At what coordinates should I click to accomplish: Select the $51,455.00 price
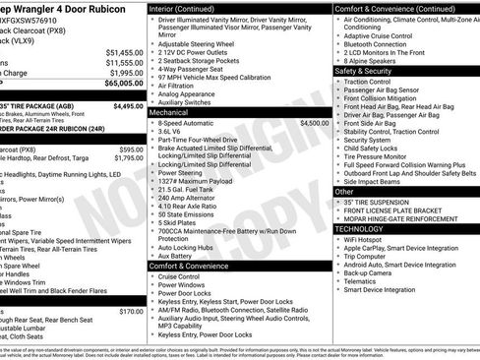click(x=125, y=51)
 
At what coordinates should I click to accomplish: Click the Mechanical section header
click(x=168, y=112)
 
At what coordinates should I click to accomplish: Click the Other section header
click(x=344, y=191)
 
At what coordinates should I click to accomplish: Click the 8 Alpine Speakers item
click(x=374, y=60)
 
